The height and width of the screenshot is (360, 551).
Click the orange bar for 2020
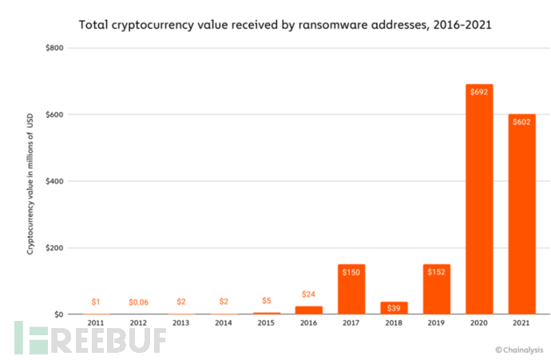(479, 199)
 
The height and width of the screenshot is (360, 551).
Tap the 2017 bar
(351, 289)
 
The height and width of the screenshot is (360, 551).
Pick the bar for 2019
(437, 289)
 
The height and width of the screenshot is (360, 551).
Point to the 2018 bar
(394, 307)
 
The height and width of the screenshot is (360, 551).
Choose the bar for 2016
(308, 310)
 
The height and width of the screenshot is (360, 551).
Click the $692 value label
(479, 92)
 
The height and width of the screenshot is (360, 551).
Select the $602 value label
(521, 122)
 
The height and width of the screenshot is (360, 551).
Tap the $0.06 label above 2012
(139, 302)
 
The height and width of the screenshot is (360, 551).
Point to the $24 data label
(308, 295)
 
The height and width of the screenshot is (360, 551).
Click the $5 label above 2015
(266, 301)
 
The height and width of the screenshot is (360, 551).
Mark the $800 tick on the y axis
(54, 49)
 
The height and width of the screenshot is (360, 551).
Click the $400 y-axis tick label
(54, 181)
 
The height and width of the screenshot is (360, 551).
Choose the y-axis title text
(30, 181)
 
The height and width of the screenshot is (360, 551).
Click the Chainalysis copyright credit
(518, 349)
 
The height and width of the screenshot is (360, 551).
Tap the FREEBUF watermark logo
(88, 338)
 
